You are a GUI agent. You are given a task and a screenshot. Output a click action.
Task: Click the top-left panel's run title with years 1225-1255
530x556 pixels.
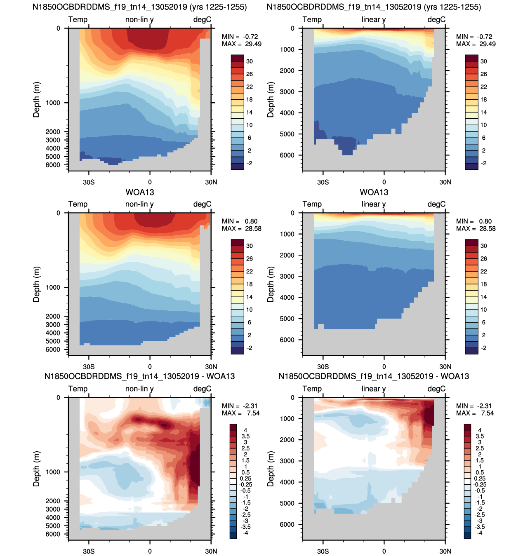coord(139,7)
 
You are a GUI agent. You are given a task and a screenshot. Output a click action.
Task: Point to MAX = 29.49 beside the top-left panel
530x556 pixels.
coord(242,44)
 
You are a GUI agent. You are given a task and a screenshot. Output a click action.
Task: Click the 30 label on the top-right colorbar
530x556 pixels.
coord(483,61)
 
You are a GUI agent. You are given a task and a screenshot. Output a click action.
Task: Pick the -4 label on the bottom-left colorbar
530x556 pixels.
coord(245,533)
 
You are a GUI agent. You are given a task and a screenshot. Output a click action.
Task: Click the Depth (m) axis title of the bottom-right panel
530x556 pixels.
coord(271,469)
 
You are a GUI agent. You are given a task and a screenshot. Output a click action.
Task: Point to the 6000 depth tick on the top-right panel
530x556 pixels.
coord(287,155)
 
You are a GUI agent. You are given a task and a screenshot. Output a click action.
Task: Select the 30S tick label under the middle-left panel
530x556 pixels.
coord(89,366)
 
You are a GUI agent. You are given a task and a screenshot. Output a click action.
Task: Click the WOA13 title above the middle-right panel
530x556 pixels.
coord(374,192)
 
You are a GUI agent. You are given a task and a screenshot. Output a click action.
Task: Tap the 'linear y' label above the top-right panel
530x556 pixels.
coord(373,19)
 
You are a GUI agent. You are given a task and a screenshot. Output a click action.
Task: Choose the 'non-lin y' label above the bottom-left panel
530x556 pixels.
coord(139,389)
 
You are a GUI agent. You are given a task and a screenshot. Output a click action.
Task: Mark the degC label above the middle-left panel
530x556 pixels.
coord(202,204)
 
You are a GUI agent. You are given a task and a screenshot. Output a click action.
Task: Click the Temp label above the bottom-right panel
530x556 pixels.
coord(312,389)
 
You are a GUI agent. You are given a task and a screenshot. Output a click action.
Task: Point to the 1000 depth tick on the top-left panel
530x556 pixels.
coord(53,103)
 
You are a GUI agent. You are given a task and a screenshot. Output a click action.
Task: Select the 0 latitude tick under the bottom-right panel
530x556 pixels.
coord(384,551)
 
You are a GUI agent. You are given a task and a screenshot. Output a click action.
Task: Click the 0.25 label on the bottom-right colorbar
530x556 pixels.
coord(479,479)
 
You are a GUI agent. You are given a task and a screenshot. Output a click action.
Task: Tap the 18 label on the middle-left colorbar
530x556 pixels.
coord(249,284)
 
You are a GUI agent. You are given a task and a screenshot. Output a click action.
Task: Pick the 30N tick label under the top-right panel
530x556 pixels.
coord(445,182)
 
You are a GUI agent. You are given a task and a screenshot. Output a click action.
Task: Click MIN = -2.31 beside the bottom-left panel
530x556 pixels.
coord(240,406)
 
